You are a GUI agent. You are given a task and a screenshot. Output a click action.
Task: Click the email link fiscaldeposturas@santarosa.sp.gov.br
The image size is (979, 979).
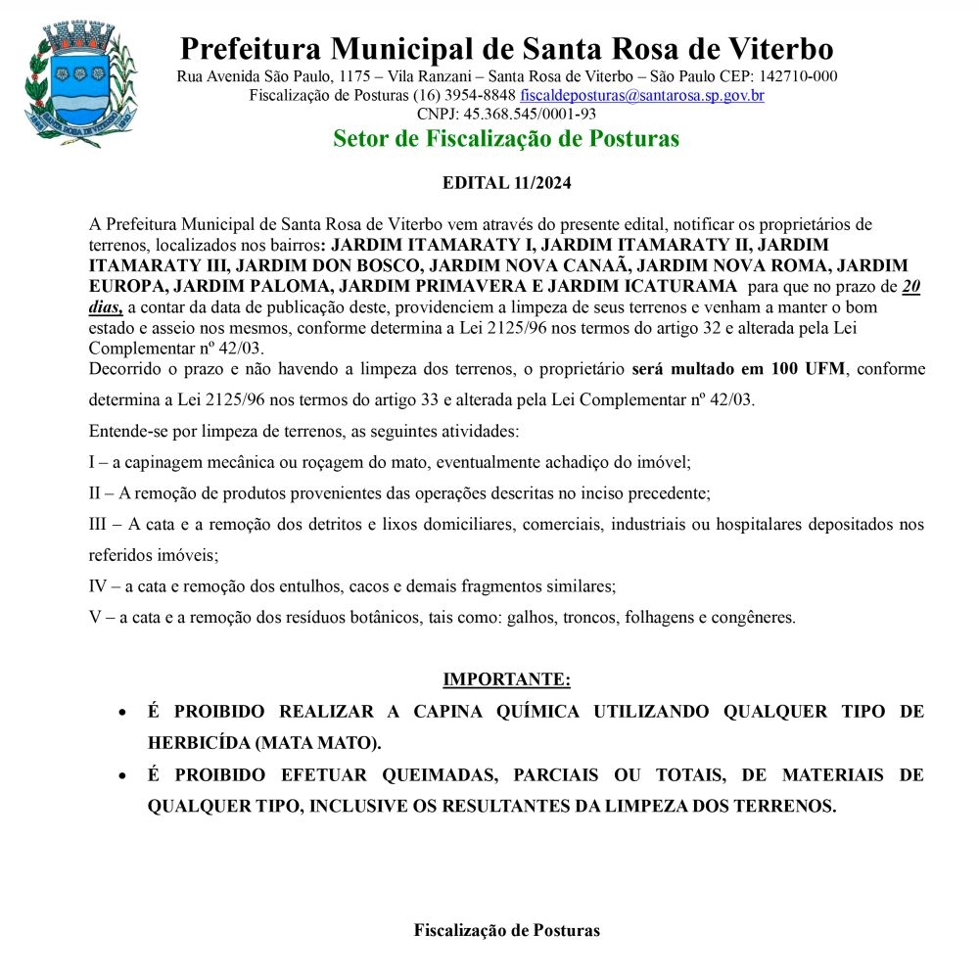pyautogui.click(x=642, y=96)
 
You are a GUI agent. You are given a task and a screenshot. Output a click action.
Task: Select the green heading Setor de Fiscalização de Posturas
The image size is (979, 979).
pyautogui.click(x=505, y=139)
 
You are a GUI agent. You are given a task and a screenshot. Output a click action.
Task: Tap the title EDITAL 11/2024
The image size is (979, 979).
pyautogui.click(x=506, y=183)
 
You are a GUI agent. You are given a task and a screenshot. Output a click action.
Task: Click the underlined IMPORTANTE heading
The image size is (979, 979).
pyautogui.click(x=506, y=679)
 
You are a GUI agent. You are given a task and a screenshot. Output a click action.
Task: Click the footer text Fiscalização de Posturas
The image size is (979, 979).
pyautogui.click(x=506, y=930)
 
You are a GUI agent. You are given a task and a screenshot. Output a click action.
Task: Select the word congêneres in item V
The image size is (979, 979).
pyautogui.click(x=754, y=618)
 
